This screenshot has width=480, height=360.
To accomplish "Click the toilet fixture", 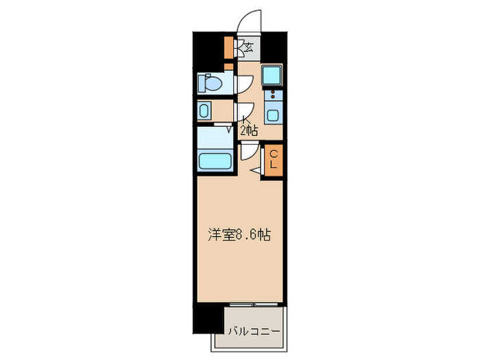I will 211,84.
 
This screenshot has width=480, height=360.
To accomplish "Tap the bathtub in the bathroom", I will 215,161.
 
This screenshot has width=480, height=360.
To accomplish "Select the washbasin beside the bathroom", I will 204,110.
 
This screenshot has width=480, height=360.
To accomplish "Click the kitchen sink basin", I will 273,115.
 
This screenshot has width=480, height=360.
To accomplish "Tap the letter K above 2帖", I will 245,121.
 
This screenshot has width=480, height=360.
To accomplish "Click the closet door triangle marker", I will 256,170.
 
